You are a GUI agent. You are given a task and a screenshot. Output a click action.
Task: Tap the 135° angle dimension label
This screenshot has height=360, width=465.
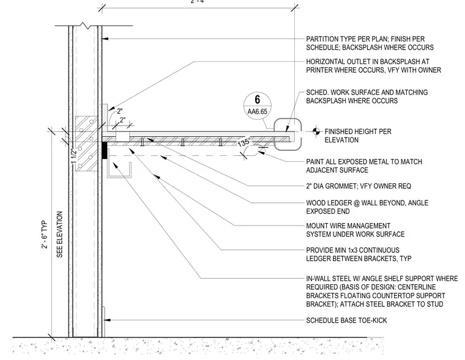click(244, 142)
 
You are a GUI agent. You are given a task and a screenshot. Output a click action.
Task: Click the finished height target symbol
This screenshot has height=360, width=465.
click(316, 131)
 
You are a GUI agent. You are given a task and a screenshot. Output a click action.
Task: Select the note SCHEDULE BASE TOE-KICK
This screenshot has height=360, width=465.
click(346, 320)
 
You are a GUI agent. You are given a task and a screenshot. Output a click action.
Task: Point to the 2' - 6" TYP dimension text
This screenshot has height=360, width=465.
click(45, 235)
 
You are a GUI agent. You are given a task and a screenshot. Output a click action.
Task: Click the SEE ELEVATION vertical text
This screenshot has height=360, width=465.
click(59, 234)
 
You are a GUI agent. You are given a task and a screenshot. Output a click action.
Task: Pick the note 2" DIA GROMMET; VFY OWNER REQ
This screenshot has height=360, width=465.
click(359, 186)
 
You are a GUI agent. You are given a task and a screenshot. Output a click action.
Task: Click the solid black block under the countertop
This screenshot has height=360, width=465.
click(105, 150)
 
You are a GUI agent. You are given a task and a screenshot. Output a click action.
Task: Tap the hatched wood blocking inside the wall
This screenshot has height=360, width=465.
click(86, 144)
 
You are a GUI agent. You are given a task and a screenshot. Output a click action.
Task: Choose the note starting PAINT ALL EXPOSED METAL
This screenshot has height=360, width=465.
click(364, 166)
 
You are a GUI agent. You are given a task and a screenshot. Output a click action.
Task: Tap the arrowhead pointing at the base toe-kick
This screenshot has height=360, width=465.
click(106, 320)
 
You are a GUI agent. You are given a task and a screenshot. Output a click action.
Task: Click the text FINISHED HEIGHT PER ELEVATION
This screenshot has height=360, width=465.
click(358, 136)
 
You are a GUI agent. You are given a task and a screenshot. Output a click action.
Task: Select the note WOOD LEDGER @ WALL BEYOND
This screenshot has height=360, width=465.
click(367, 207)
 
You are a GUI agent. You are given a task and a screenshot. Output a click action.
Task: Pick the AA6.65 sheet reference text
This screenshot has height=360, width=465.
click(258, 112)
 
